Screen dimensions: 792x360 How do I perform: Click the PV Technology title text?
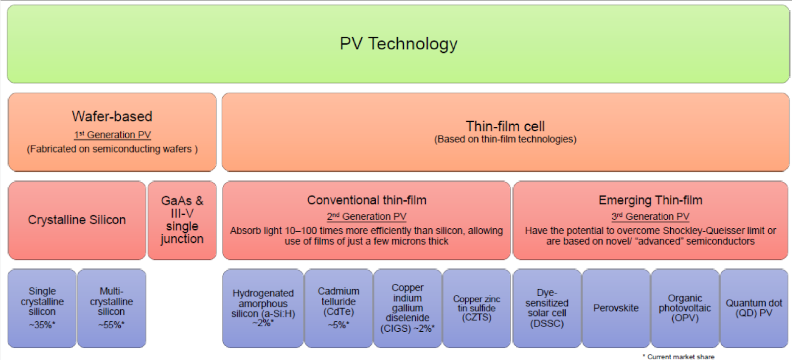click(398, 44)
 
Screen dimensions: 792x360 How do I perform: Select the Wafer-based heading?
click(112, 116)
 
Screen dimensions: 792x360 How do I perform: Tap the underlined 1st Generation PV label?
click(112, 135)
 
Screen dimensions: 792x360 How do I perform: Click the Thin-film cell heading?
click(505, 126)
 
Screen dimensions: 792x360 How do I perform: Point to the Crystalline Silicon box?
click(77, 220)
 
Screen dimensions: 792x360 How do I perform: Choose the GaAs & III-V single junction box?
click(182, 220)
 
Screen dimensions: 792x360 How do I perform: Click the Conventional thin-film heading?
click(367, 200)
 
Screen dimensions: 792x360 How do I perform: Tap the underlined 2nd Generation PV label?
click(367, 216)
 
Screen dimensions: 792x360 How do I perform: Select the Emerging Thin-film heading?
click(650, 200)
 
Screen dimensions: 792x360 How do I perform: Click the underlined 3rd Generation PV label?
click(650, 216)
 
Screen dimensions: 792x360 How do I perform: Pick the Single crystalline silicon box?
click(42, 308)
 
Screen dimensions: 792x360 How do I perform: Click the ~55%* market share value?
click(111, 325)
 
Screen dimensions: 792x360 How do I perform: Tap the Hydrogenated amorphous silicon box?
click(263, 308)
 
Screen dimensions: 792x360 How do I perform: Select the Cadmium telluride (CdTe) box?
click(339, 308)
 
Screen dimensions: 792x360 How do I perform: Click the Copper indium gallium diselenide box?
click(408, 308)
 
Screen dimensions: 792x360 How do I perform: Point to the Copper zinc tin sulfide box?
click(477, 308)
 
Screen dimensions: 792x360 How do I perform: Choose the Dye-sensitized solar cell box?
click(547, 308)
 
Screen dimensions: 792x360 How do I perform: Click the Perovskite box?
click(616, 308)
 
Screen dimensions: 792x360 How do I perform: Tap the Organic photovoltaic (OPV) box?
click(685, 308)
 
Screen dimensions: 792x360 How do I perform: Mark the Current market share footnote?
click(679, 357)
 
